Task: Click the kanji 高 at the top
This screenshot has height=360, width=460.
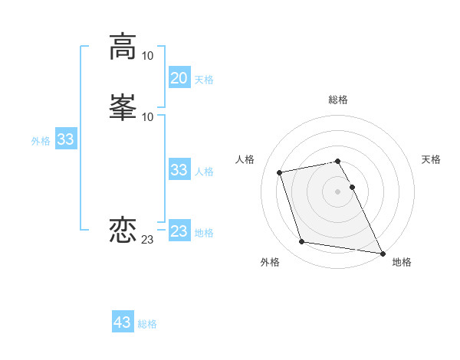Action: pyautogui.click(x=123, y=46)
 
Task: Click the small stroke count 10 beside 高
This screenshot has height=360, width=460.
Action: pyautogui.click(x=148, y=56)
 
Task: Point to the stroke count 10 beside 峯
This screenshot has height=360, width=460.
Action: pyautogui.click(x=148, y=116)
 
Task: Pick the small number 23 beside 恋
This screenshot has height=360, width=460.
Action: pyautogui.click(x=148, y=240)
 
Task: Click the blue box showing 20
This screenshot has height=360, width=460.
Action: pyautogui.click(x=179, y=78)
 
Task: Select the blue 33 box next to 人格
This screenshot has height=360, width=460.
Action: pyautogui.click(x=179, y=170)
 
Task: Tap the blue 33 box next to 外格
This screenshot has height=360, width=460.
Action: pyautogui.click(x=66, y=140)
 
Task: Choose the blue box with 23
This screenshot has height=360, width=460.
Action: pyautogui.click(x=179, y=231)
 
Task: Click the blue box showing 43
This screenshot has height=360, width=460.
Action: pyautogui.click(x=123, y=322)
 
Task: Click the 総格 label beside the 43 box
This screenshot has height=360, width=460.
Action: pyautogui.click(x=147, y=324)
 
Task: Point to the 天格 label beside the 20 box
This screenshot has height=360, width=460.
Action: pyautogui.click(x=204, y=80)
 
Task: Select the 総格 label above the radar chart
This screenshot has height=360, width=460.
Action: pyautogui.click(x=338, y=100)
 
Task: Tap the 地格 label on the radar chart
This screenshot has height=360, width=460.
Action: pyautogui.click(x=402, y=262)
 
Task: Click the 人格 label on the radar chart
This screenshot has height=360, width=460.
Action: pyautogui.click(x=245, y=159)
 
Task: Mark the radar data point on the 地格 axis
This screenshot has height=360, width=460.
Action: pyautogui.click(x=383, y=253)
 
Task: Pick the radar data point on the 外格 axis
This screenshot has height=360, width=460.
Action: pyautogui.click(x=302, y=242)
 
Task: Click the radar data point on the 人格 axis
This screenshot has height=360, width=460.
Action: pyautogui.click(x=280, y=172)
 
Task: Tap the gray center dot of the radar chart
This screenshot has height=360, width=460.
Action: pyautogui.click(x=338, y=191)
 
